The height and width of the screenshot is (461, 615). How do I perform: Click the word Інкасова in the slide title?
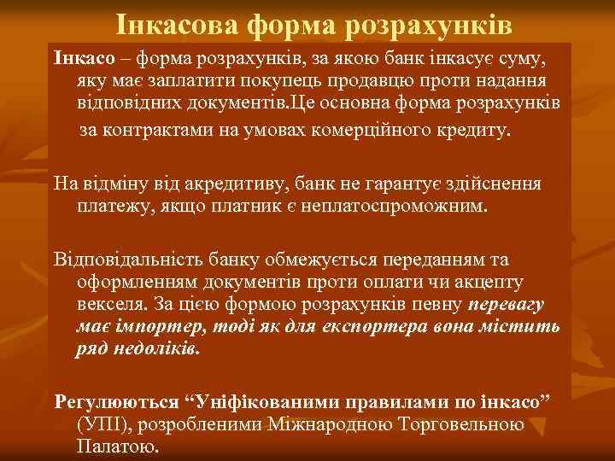click(175, 26)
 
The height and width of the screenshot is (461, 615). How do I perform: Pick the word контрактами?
click(152, 131)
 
